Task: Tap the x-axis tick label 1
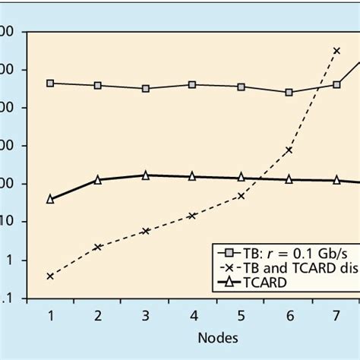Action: (50, 314)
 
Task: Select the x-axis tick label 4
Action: (193, 314)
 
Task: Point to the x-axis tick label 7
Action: (336, 314)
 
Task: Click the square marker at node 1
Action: (50, 83)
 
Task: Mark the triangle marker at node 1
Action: (50, 198)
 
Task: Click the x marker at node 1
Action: (50, 276)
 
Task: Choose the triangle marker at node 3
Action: (146, 175)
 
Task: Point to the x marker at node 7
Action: (336, 51)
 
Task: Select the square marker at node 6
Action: (289, 92)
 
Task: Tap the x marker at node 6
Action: (289, 150)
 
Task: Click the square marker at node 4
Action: (193, 84)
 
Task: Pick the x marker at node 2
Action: (98, 247)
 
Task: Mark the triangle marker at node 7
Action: (336, 180)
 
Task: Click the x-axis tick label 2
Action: (98, 314)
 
